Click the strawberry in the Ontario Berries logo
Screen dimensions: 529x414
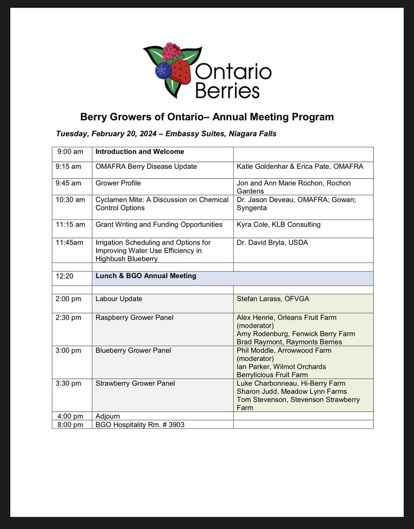[x=180, y=71]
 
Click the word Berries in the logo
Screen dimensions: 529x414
[x=227, y=90]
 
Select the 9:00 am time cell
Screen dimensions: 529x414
[x=70, y=152]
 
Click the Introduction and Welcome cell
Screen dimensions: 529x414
[x=140, y=152]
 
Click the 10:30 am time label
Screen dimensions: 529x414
[x=71, y=200]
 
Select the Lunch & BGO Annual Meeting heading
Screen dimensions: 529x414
[x=146, y=276]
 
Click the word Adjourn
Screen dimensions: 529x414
[x=108, y=416]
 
